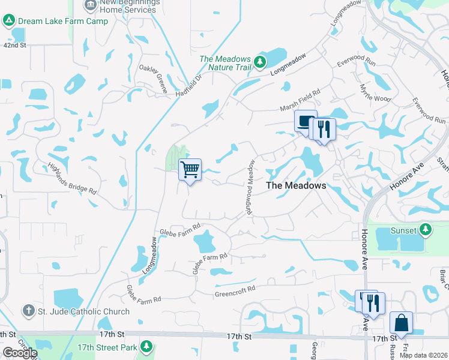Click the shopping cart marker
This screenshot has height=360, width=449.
tap(190, 170)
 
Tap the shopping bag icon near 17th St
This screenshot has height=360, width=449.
tap(400, 323)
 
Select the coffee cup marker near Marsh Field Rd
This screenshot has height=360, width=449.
tap(305, 121)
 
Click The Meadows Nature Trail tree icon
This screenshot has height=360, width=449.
tap(259, 62)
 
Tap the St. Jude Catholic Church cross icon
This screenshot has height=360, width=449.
tap(28, 311)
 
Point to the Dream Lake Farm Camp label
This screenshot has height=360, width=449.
tap(63, 21)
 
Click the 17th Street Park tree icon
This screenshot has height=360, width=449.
tap(146, 347)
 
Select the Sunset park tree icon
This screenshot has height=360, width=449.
tap(426, 230)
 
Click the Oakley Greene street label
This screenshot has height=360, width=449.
tap(154, 78)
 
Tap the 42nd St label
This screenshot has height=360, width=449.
tap(15, 45)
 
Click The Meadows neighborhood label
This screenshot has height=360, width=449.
tap(296, 185)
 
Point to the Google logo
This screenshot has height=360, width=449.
tap(19, 352)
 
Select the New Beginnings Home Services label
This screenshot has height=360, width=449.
tap(129, 6)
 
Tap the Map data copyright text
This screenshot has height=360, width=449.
tap(424, 355)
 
